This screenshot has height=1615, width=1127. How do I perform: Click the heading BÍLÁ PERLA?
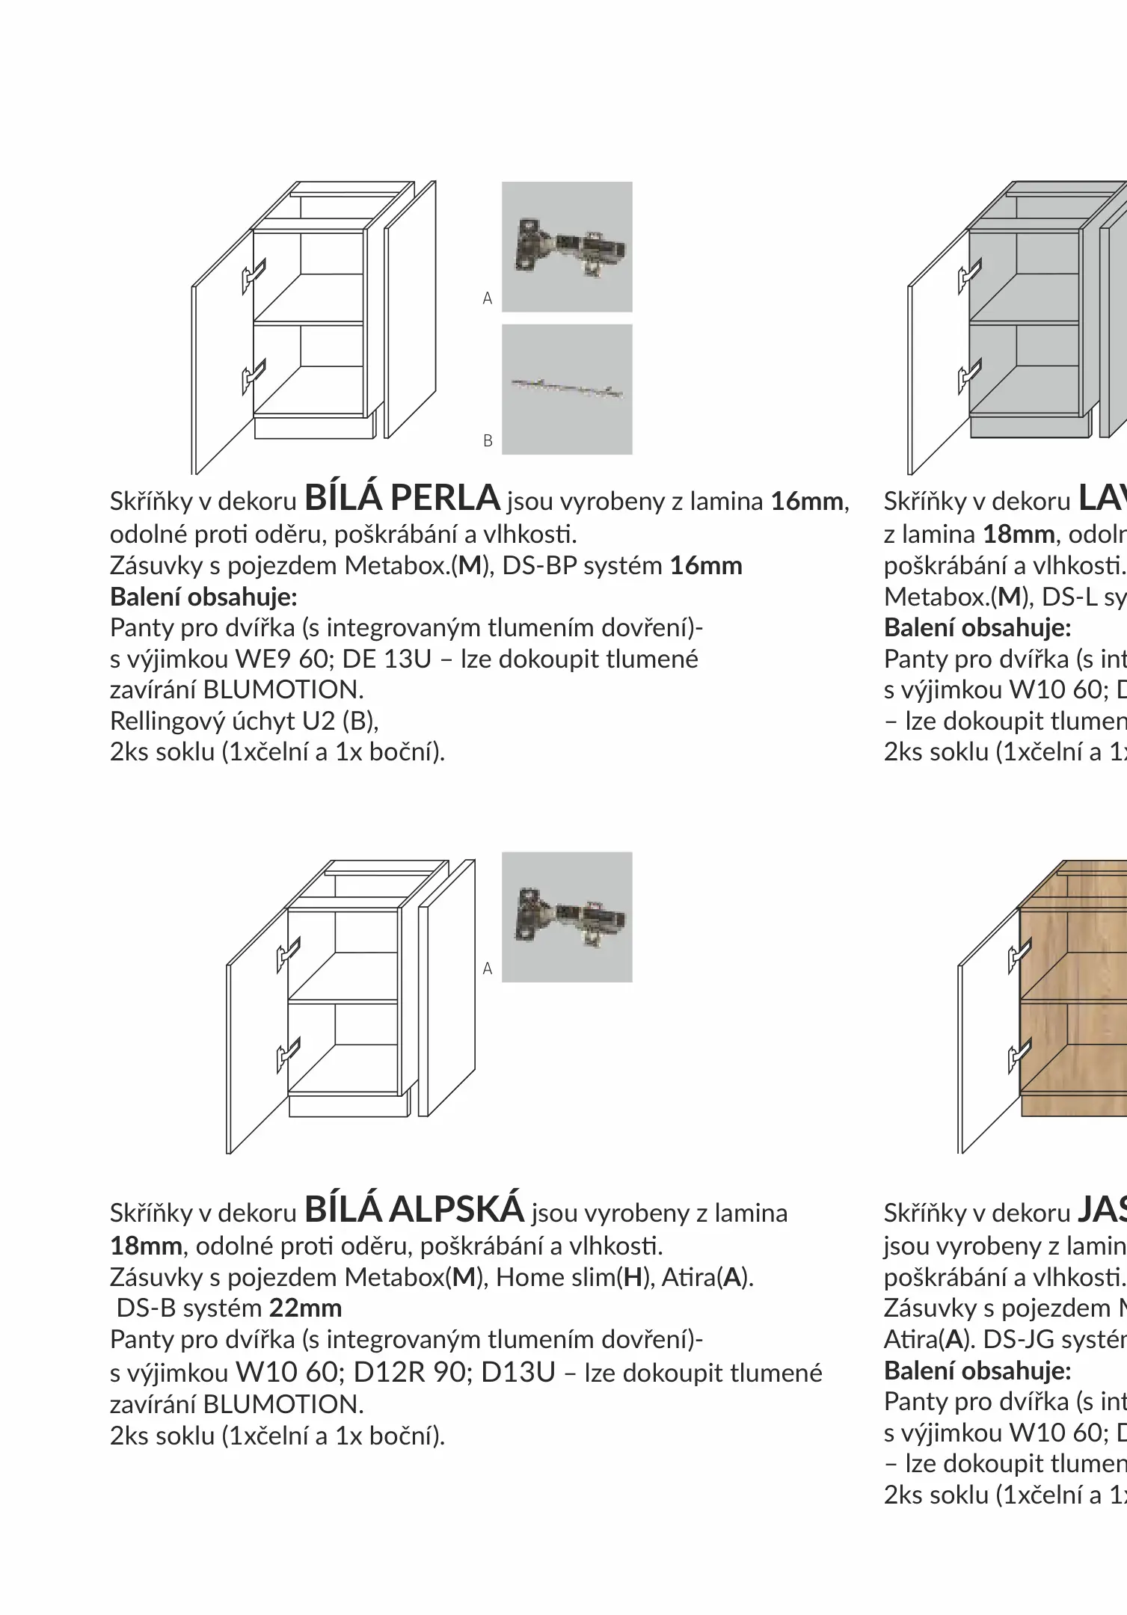click(402, 498)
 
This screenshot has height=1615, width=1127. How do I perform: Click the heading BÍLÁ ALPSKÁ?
click(414, 1210)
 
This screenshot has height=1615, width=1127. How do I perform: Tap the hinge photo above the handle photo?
click(567, 247)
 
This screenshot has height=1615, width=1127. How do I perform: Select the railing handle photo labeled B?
click(567, 389)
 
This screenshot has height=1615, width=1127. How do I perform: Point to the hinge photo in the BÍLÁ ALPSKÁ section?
click(567, 917)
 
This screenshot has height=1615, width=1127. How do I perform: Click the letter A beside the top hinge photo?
click(488, 298)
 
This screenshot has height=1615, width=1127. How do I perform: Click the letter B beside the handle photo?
click(488, 441)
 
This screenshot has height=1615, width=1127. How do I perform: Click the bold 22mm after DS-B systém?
click(305, 1308)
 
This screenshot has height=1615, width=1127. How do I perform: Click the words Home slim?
click(555, 1277)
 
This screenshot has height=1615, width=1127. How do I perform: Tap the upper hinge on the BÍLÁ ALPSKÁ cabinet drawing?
click(288, 954)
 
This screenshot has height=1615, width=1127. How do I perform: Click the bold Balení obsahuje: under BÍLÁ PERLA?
click(203, 597)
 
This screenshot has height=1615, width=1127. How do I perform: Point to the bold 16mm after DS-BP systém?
click(706, 566)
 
